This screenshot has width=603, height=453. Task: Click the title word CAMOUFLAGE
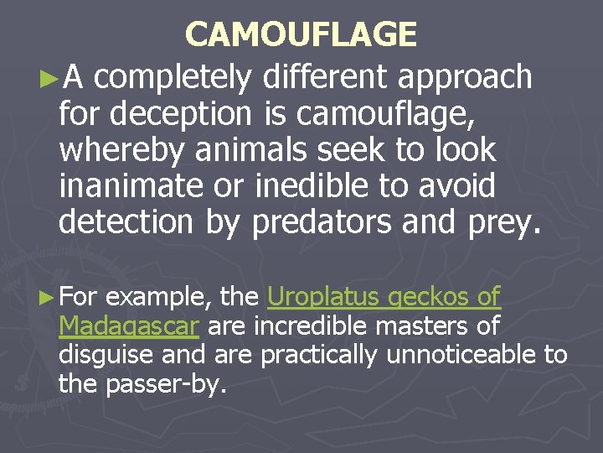point(301,34)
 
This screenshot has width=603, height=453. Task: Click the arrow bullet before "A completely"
point(49,79)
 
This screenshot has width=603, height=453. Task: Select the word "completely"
point(173,77)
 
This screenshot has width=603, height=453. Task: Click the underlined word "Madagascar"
point(128,325)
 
